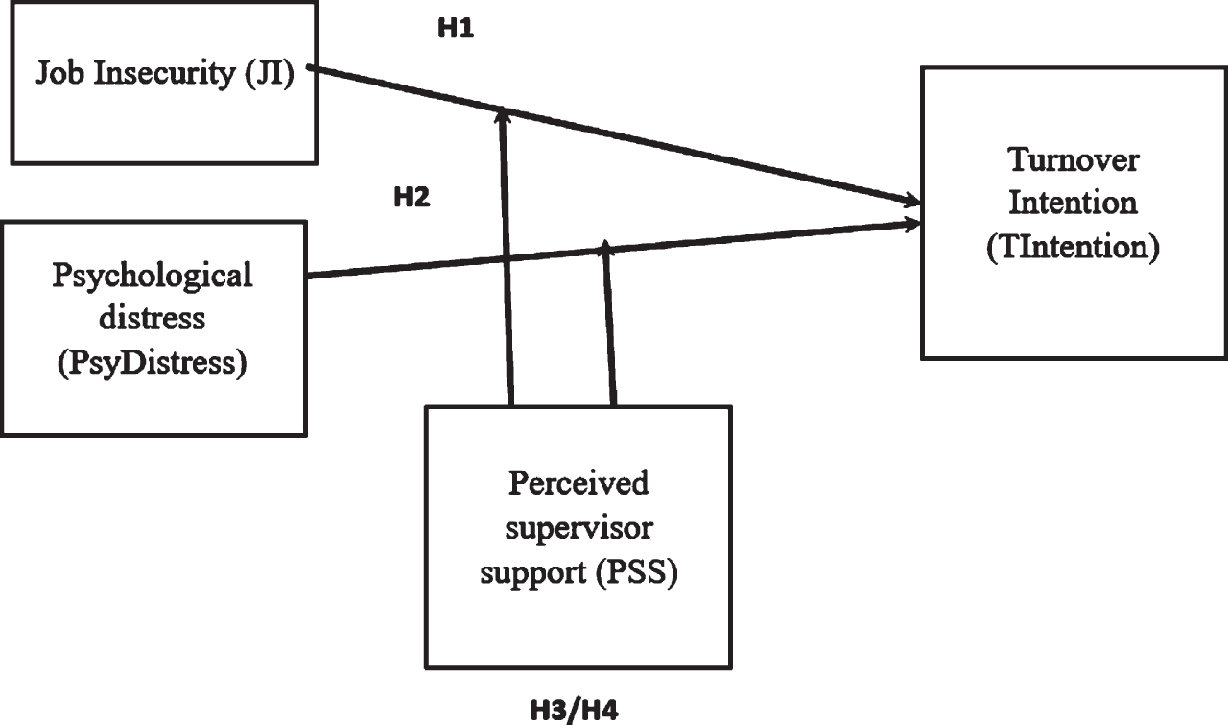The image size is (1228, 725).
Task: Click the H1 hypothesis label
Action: (x=456, y=28)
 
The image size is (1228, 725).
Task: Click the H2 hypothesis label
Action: (x=413, y=197)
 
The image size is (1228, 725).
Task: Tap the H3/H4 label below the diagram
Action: (x=574, y=711)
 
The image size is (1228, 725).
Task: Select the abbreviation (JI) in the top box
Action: (x=270, y=73)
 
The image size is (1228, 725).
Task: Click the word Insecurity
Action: (x=164, y=72)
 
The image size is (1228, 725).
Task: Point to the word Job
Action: (x=60, y=72)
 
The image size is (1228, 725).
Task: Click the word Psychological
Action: (x=153, y=276)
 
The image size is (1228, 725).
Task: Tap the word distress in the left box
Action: (x=153, y=318)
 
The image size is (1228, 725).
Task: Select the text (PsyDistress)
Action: (x=153, y=363)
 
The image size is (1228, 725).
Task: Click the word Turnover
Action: (x=1074, y=160)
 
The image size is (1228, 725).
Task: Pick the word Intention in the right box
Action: (x=1074, y=203)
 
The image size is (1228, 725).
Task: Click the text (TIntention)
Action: (x=1074, y=247)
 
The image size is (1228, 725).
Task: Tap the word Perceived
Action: (x=579, y=483)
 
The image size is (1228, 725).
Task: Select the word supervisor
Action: (x=579, y=528)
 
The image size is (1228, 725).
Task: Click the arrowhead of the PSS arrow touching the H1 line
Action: (x=505, y=116)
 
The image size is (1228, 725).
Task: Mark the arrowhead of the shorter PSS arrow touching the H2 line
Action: (x=605, y=247)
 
